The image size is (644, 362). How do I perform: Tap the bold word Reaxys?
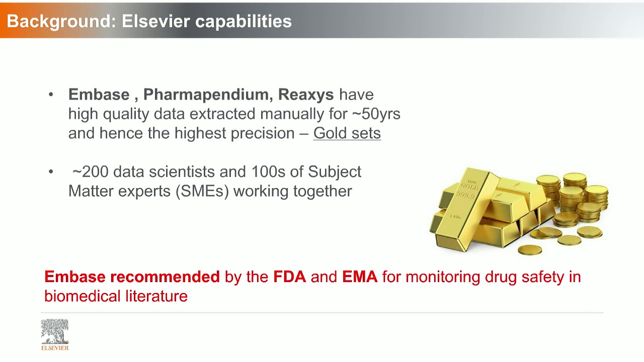click(306, 95)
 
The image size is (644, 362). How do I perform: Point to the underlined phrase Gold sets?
click(347, 133)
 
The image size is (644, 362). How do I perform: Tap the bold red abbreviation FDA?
click(289, 277)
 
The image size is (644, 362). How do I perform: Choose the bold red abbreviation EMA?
click(360, 277)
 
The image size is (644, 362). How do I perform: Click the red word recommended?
click(165, 277)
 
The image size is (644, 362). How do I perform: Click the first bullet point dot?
click(51, 95)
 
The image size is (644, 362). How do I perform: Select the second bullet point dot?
click(51, 172)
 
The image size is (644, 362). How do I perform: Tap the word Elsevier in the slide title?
click(155, 21)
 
